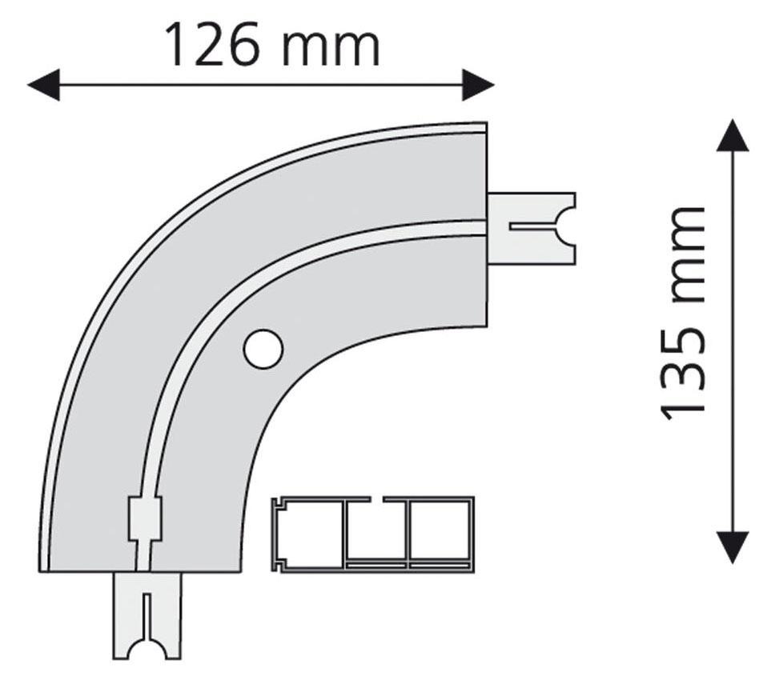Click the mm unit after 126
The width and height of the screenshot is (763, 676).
(331, 49)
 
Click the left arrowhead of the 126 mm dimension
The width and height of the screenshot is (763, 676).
(44, 85)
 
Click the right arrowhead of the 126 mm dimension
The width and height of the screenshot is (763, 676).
(478, 85)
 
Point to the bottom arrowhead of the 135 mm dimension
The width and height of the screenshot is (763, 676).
(733, 547)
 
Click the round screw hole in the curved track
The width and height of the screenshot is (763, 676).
(263, 348)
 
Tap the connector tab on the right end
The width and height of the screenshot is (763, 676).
(532, 229)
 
